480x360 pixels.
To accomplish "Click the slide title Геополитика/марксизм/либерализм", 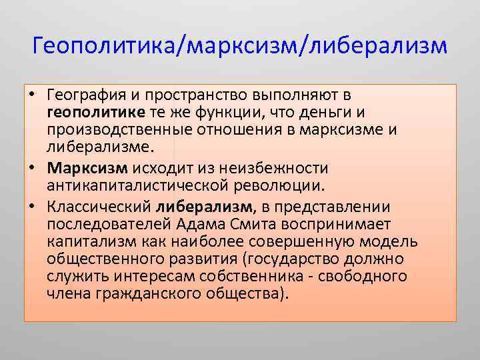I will click(239, 46).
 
